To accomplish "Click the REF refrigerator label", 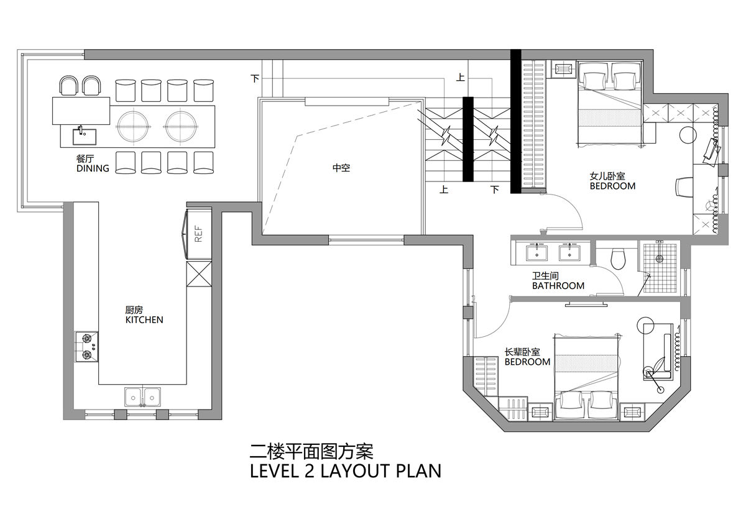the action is [198, 234].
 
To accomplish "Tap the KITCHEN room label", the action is [144, 320].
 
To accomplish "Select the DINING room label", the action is [93, 168].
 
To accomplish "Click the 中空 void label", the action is [341, 167].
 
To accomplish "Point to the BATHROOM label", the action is [558, 286].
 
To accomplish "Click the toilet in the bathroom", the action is [619, 258].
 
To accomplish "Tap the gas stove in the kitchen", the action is [86, 347].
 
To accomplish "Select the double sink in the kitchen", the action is [142, 397].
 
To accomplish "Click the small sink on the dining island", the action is [85, 137].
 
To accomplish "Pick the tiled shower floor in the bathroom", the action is [660, 268].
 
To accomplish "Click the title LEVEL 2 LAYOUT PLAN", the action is [346, 471].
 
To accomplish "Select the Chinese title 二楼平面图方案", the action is [311, 452].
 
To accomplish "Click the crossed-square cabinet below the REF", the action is [199, 274].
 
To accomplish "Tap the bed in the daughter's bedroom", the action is [609, 103].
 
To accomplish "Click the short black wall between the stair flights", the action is [468, 139].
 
